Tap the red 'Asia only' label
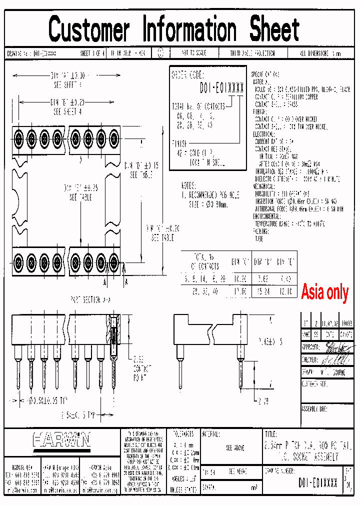click(324, 292)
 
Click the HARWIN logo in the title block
click(61, 440)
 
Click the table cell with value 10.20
click(240, 276)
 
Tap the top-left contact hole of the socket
click(18, 136)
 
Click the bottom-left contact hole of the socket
click(18, 261)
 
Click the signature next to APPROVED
click(335, 346)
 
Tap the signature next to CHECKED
click(335, 359)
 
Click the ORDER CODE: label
click(186, 75)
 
